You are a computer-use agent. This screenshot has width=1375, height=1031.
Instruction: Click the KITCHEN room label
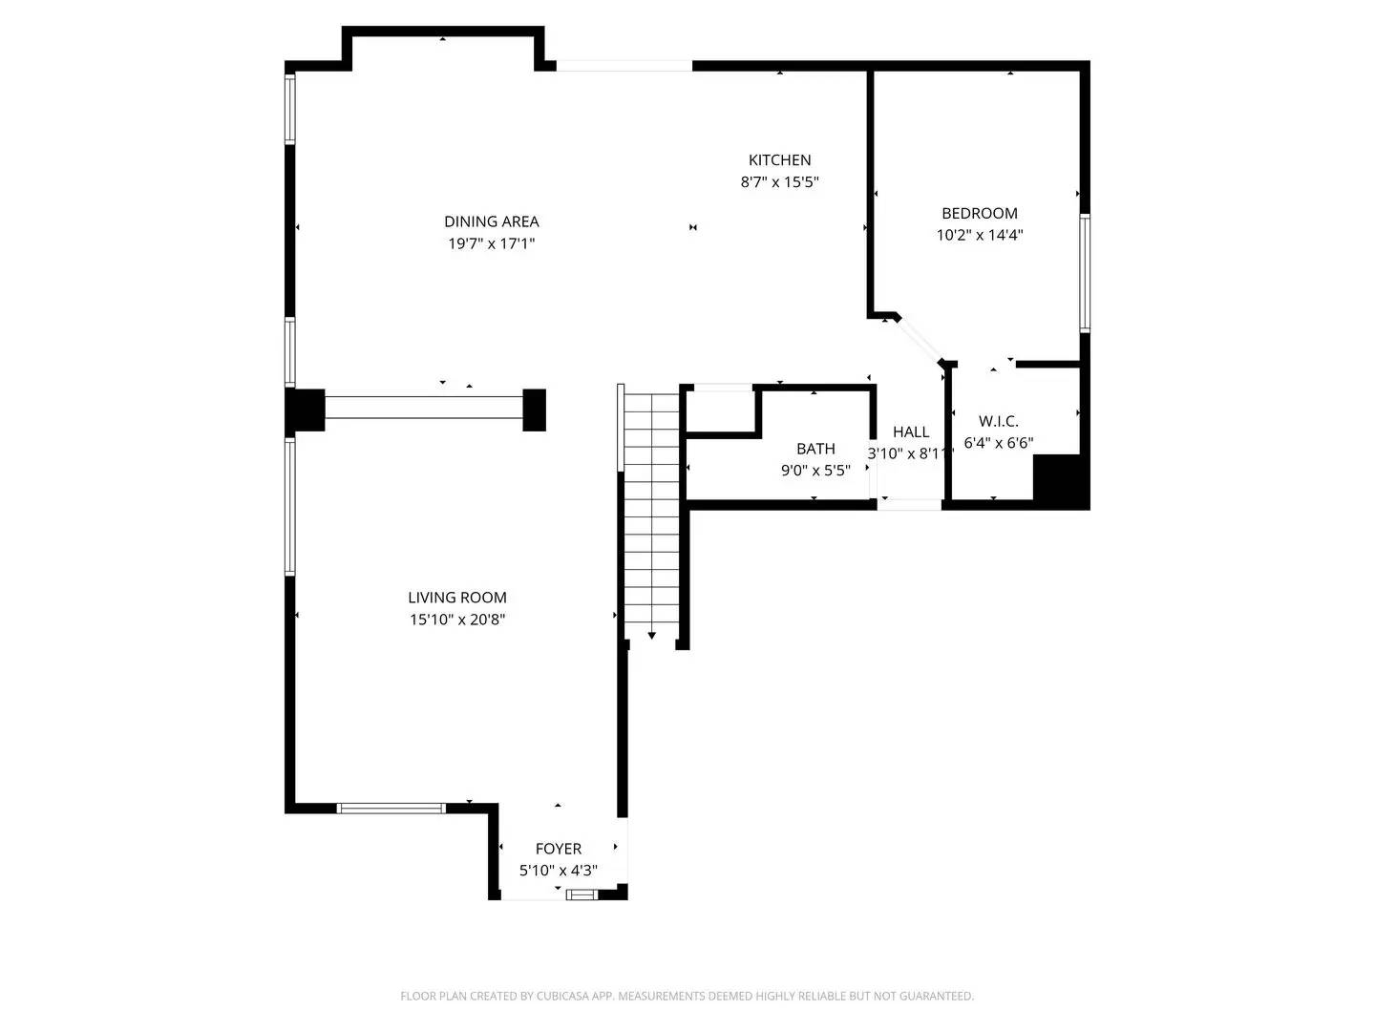tap(779, 160)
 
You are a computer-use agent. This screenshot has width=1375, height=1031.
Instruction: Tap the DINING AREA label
tap(491, 221)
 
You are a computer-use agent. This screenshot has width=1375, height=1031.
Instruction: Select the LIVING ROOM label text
tap(456, 598)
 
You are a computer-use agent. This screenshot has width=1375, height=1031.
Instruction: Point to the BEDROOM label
tap(979, 214)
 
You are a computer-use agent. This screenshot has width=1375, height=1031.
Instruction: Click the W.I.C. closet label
tap(998, 421)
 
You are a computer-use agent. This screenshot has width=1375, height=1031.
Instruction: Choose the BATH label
tap(815, 449)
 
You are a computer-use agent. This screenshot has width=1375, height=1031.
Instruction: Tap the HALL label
tap(911, 432)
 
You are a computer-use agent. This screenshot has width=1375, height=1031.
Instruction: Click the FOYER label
tap(558, 849)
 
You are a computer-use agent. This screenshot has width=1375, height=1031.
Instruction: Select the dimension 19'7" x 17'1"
tap(491, 243)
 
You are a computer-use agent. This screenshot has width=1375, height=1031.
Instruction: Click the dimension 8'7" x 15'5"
tap(779, 182)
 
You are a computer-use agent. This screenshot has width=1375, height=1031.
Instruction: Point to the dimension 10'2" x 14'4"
tap(979, 236)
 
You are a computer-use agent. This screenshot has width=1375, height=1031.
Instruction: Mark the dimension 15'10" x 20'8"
tap(456, 620)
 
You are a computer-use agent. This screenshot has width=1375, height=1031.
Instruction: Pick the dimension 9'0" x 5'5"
tap(815, 471)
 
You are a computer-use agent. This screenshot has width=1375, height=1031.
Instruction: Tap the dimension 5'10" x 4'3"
tap(558, 871)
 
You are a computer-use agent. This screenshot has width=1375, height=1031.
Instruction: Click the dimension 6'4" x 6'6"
tap(998, 443)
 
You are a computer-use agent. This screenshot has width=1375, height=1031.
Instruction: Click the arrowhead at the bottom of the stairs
tap(651, 636)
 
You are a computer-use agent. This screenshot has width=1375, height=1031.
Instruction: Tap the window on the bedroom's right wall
tap(1085, 273)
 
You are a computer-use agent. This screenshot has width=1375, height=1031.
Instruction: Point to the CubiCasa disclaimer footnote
tap(687, 996)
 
